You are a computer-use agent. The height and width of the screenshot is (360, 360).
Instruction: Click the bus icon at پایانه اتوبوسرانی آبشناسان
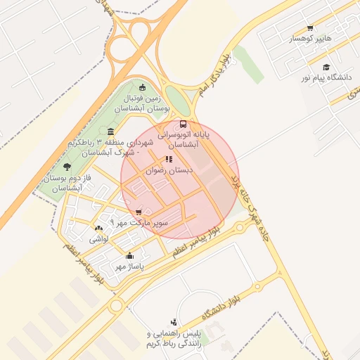184,124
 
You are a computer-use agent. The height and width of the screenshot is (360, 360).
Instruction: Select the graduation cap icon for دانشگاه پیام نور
326,67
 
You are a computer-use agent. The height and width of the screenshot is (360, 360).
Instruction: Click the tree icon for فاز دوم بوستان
67,167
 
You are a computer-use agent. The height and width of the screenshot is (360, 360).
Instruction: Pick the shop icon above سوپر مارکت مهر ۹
139,212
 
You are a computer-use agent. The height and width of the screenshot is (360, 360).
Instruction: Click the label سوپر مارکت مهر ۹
139,222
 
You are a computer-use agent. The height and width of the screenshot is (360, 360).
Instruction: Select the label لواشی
97,239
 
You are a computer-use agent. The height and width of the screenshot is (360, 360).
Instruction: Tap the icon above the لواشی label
98,229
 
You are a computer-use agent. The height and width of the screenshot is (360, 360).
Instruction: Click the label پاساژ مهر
130,267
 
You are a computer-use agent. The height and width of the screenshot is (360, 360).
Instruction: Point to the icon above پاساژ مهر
130,257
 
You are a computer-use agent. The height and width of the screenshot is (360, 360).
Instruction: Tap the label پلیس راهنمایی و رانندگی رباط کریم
174,338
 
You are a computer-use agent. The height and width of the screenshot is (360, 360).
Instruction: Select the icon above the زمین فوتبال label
143,88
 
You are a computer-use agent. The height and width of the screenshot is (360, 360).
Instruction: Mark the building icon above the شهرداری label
111,131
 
